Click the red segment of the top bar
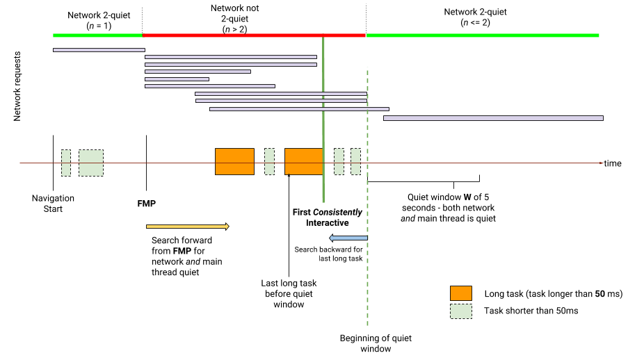click(x=254, y=35)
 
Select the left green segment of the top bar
click(x=97, y=35)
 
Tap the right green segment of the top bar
click(x=483, y=35)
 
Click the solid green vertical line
click(x=323, y=188)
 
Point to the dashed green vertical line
click(x=367, y=278)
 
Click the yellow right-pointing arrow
click(x=187, y=227)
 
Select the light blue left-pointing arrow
click(x=348, y=238)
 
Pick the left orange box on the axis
click(x=234, y=161)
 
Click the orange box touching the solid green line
click(x=303, y=161)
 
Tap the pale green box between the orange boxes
click(x=269, y=161)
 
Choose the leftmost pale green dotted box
click(x=66, y=163)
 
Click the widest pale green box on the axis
click(x=91, y=163)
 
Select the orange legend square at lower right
click(x=460, y=293)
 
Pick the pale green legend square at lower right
click(x=460, y=311)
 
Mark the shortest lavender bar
click(x=177, y=79)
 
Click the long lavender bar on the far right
click(x=493, y=118)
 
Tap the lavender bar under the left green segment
click(x=99, y=50)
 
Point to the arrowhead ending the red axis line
click(x=602, y=163)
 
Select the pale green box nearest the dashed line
click(x=355, y=161)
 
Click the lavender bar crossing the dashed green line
click(x=299, y=109)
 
